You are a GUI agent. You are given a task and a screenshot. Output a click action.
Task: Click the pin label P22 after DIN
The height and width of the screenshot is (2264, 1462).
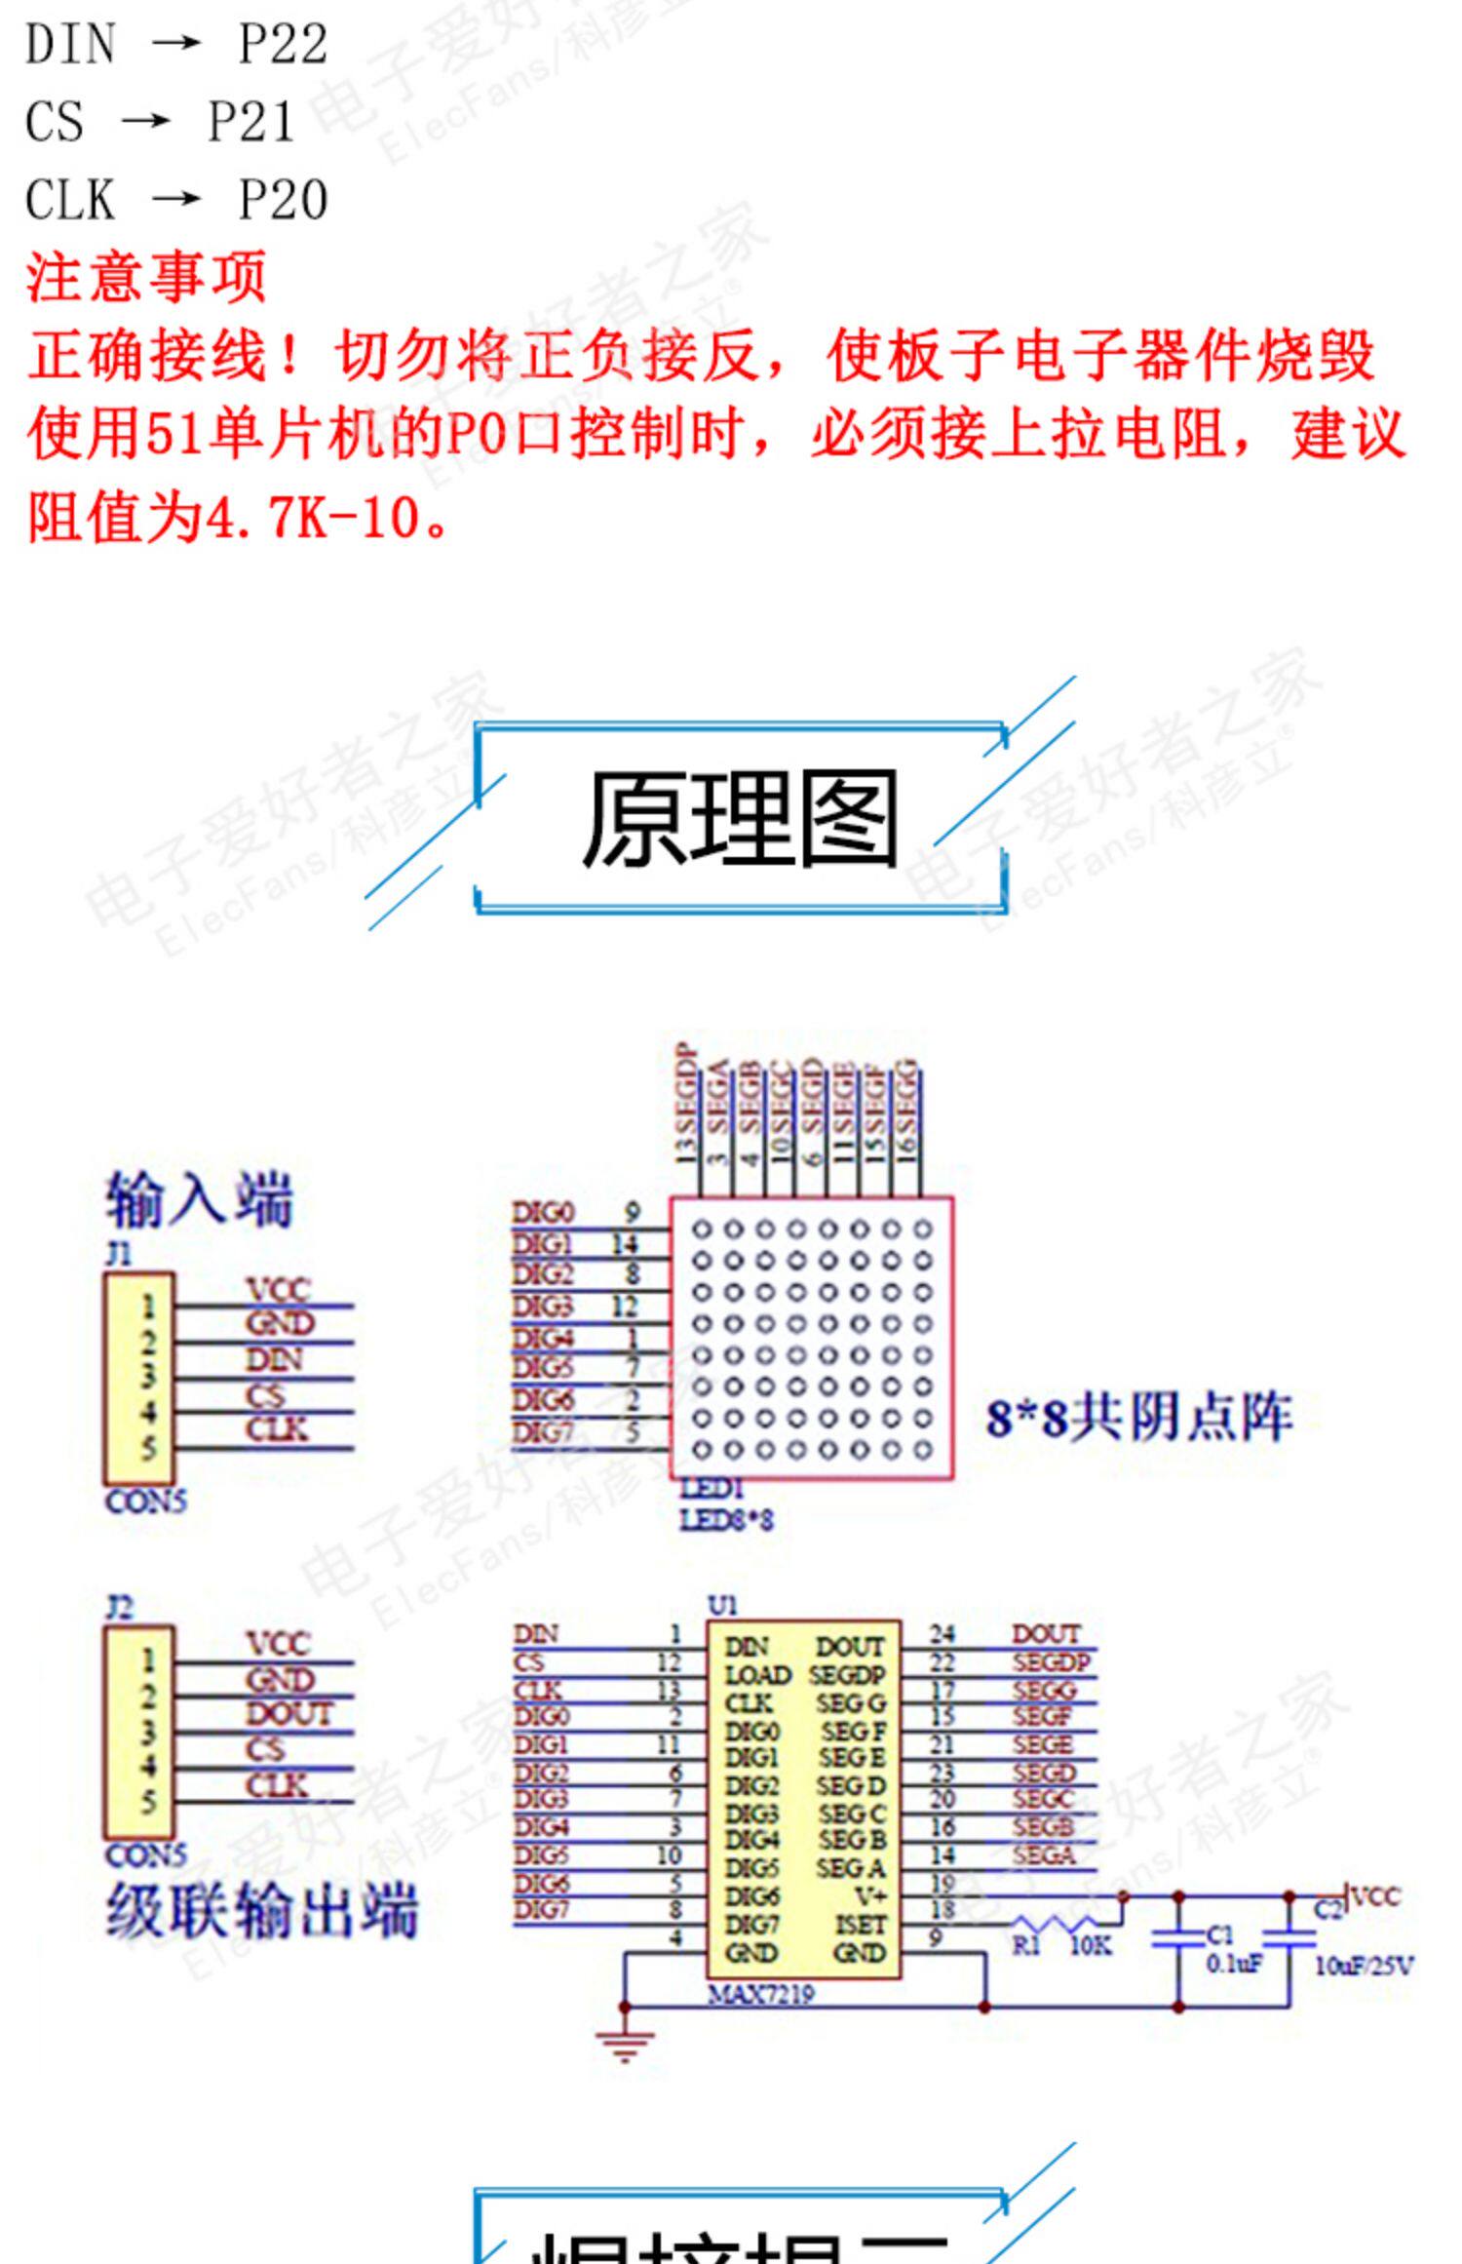click(283, 45)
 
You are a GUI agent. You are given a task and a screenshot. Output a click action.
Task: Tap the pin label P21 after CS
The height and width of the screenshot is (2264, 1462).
click(251, 123)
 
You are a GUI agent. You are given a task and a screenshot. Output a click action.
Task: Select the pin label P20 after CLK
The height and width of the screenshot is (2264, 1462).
click(283, 201)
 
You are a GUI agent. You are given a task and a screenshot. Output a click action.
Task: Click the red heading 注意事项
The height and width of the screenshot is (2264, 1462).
click(146, 277)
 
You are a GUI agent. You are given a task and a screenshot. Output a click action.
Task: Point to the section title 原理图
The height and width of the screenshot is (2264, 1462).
click(739, 819)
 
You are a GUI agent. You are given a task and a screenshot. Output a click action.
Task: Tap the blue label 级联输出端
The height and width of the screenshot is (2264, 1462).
click(261, 1911)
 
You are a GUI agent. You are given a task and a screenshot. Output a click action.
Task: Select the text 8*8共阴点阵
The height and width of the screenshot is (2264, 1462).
click(1138, 1418)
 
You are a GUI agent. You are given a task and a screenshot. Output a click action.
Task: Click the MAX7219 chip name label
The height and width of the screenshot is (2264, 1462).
click(760, 1994)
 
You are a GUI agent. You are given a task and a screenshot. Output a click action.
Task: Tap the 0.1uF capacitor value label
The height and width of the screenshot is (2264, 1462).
click(1234, 1963)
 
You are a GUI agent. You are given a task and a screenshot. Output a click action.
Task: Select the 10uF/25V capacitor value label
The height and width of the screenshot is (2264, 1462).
click(1363, 1965)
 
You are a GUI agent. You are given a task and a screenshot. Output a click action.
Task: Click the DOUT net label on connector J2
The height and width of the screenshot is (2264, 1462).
click(289, 1713)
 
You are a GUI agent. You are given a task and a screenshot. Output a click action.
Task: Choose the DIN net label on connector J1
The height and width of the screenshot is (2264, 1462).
click(274, 1359)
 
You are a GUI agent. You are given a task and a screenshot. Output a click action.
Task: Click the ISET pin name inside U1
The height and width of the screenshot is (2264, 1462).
click(860, 1925)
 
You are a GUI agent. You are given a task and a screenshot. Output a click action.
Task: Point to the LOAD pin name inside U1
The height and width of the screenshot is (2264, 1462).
click(757, 1675)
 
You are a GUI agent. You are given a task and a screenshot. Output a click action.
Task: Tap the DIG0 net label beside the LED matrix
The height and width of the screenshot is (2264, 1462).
click(543, 1213)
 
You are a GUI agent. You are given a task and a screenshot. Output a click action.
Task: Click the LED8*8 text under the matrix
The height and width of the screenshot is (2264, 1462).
click(726, 1519)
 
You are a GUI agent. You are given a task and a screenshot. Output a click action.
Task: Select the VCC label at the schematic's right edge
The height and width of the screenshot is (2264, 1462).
click(1376, 1896)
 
